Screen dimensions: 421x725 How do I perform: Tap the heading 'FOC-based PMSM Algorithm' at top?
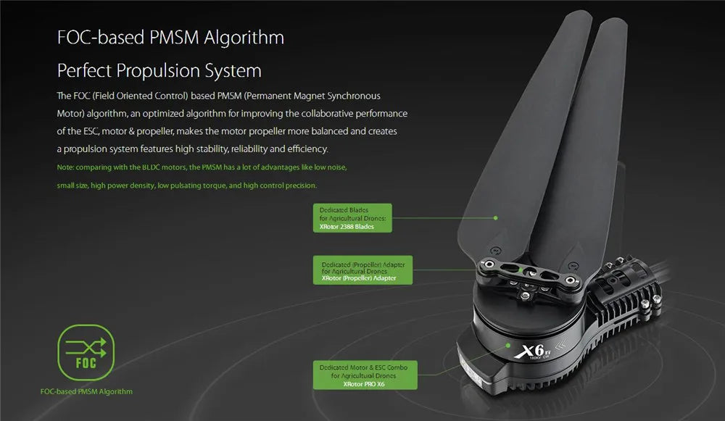click(170, 37)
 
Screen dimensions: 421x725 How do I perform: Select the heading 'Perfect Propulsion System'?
click(159, 71)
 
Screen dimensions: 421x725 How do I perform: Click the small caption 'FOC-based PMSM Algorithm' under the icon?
click(86, 391)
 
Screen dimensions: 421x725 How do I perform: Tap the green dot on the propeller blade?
click(496, 217)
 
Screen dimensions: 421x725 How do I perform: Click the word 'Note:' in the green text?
click(65, 167)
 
